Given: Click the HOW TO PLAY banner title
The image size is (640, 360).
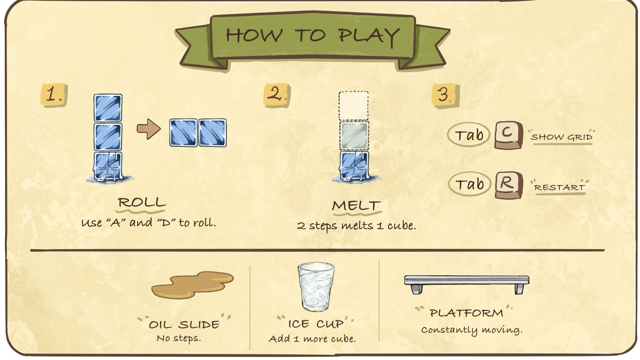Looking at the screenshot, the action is point(312,35).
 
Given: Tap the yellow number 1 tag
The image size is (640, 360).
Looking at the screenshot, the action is point(54,95).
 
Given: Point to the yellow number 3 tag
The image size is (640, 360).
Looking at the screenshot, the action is point(445,95).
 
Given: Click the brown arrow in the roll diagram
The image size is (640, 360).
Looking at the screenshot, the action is point(148,129).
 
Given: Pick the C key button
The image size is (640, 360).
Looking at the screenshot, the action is point(508,135).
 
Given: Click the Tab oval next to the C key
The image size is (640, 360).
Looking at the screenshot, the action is point(469,135).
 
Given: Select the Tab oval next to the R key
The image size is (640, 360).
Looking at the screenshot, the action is point(469,184).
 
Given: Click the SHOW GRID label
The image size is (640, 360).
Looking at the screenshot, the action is point(562,137).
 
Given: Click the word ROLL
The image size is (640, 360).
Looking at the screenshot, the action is point(142,202).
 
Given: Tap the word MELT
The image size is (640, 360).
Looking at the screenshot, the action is point(356,205).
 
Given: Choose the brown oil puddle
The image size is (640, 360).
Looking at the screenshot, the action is point(192,285).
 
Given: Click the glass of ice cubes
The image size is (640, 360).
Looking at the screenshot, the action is point(316,287).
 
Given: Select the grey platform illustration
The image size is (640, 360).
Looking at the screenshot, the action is point(467,284).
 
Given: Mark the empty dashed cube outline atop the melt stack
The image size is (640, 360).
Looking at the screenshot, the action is point(354,106).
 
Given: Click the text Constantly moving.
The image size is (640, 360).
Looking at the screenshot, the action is point(472,330).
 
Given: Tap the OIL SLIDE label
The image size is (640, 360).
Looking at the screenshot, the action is point(184,324).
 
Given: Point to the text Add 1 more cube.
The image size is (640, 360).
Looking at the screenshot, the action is point(312,339).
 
